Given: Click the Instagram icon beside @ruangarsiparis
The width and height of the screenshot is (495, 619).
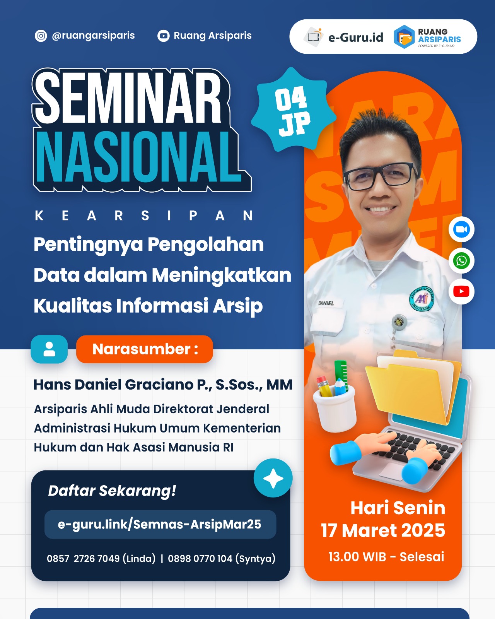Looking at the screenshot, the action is pyautogui.click(x=41, y=36).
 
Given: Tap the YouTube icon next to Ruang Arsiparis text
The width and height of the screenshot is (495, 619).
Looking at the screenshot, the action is pyautogui.click(x=163, y=36).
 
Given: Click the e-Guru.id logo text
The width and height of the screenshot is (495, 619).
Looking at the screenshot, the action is pyautogui.click(x=356, y=38).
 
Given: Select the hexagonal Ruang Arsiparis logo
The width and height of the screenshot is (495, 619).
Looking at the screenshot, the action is pyautogui.click(x=404, y=37).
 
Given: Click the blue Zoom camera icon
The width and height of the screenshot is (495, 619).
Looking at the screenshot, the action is pyautogui.click(x=461, y=229).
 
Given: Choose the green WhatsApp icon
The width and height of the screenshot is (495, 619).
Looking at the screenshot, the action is pyautogui.click(x=461, y=261).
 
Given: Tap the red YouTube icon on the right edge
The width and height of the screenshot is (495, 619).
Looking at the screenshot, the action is pyautogui.click(x=461, y=291).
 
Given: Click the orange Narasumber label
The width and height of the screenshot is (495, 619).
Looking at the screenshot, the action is pyautogui.click(x=145, y=349).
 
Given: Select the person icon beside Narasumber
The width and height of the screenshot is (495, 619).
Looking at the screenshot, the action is pyautogui.click(x=49, y=349).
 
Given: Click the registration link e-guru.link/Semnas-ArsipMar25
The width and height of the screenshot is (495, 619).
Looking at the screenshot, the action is pyautogui.click(x=160, y=524).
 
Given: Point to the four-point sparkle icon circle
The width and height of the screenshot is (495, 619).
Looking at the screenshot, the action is pyautogui.click(x=273, y=478).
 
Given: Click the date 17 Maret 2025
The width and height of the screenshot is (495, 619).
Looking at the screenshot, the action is pyautogui.click(x=383, y=530).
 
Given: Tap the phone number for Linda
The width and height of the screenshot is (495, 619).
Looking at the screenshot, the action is pyautogui.click(x=101, y=558).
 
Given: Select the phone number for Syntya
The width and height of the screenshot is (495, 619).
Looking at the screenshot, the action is pyautogui.click(x=222, y=558).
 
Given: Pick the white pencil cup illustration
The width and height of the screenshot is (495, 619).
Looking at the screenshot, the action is pyautogui.click(x=335, y=409).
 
